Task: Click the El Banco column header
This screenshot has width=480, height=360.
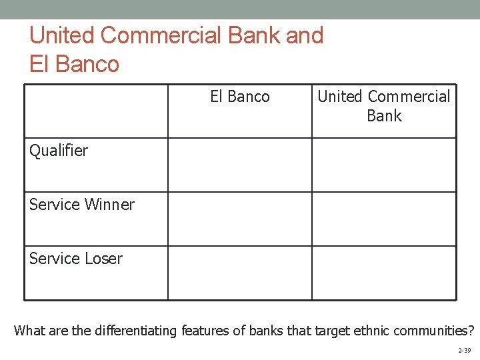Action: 240,97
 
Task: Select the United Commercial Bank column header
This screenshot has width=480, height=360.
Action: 384,106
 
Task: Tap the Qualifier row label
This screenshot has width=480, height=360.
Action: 59,151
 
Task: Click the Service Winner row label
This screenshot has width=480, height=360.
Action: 81,205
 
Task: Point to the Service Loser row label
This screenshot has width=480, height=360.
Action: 75,259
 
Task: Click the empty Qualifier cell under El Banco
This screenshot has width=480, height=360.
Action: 239,165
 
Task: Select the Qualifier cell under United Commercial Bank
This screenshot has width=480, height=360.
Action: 384,165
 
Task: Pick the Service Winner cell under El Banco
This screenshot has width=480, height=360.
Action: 239,219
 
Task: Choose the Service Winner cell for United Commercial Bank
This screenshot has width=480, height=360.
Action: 384,219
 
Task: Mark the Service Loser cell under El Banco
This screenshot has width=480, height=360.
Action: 239,273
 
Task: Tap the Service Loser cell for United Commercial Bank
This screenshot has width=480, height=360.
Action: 384,273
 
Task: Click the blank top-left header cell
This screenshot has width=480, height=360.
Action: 96,111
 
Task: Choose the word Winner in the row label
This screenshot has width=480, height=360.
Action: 109,205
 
